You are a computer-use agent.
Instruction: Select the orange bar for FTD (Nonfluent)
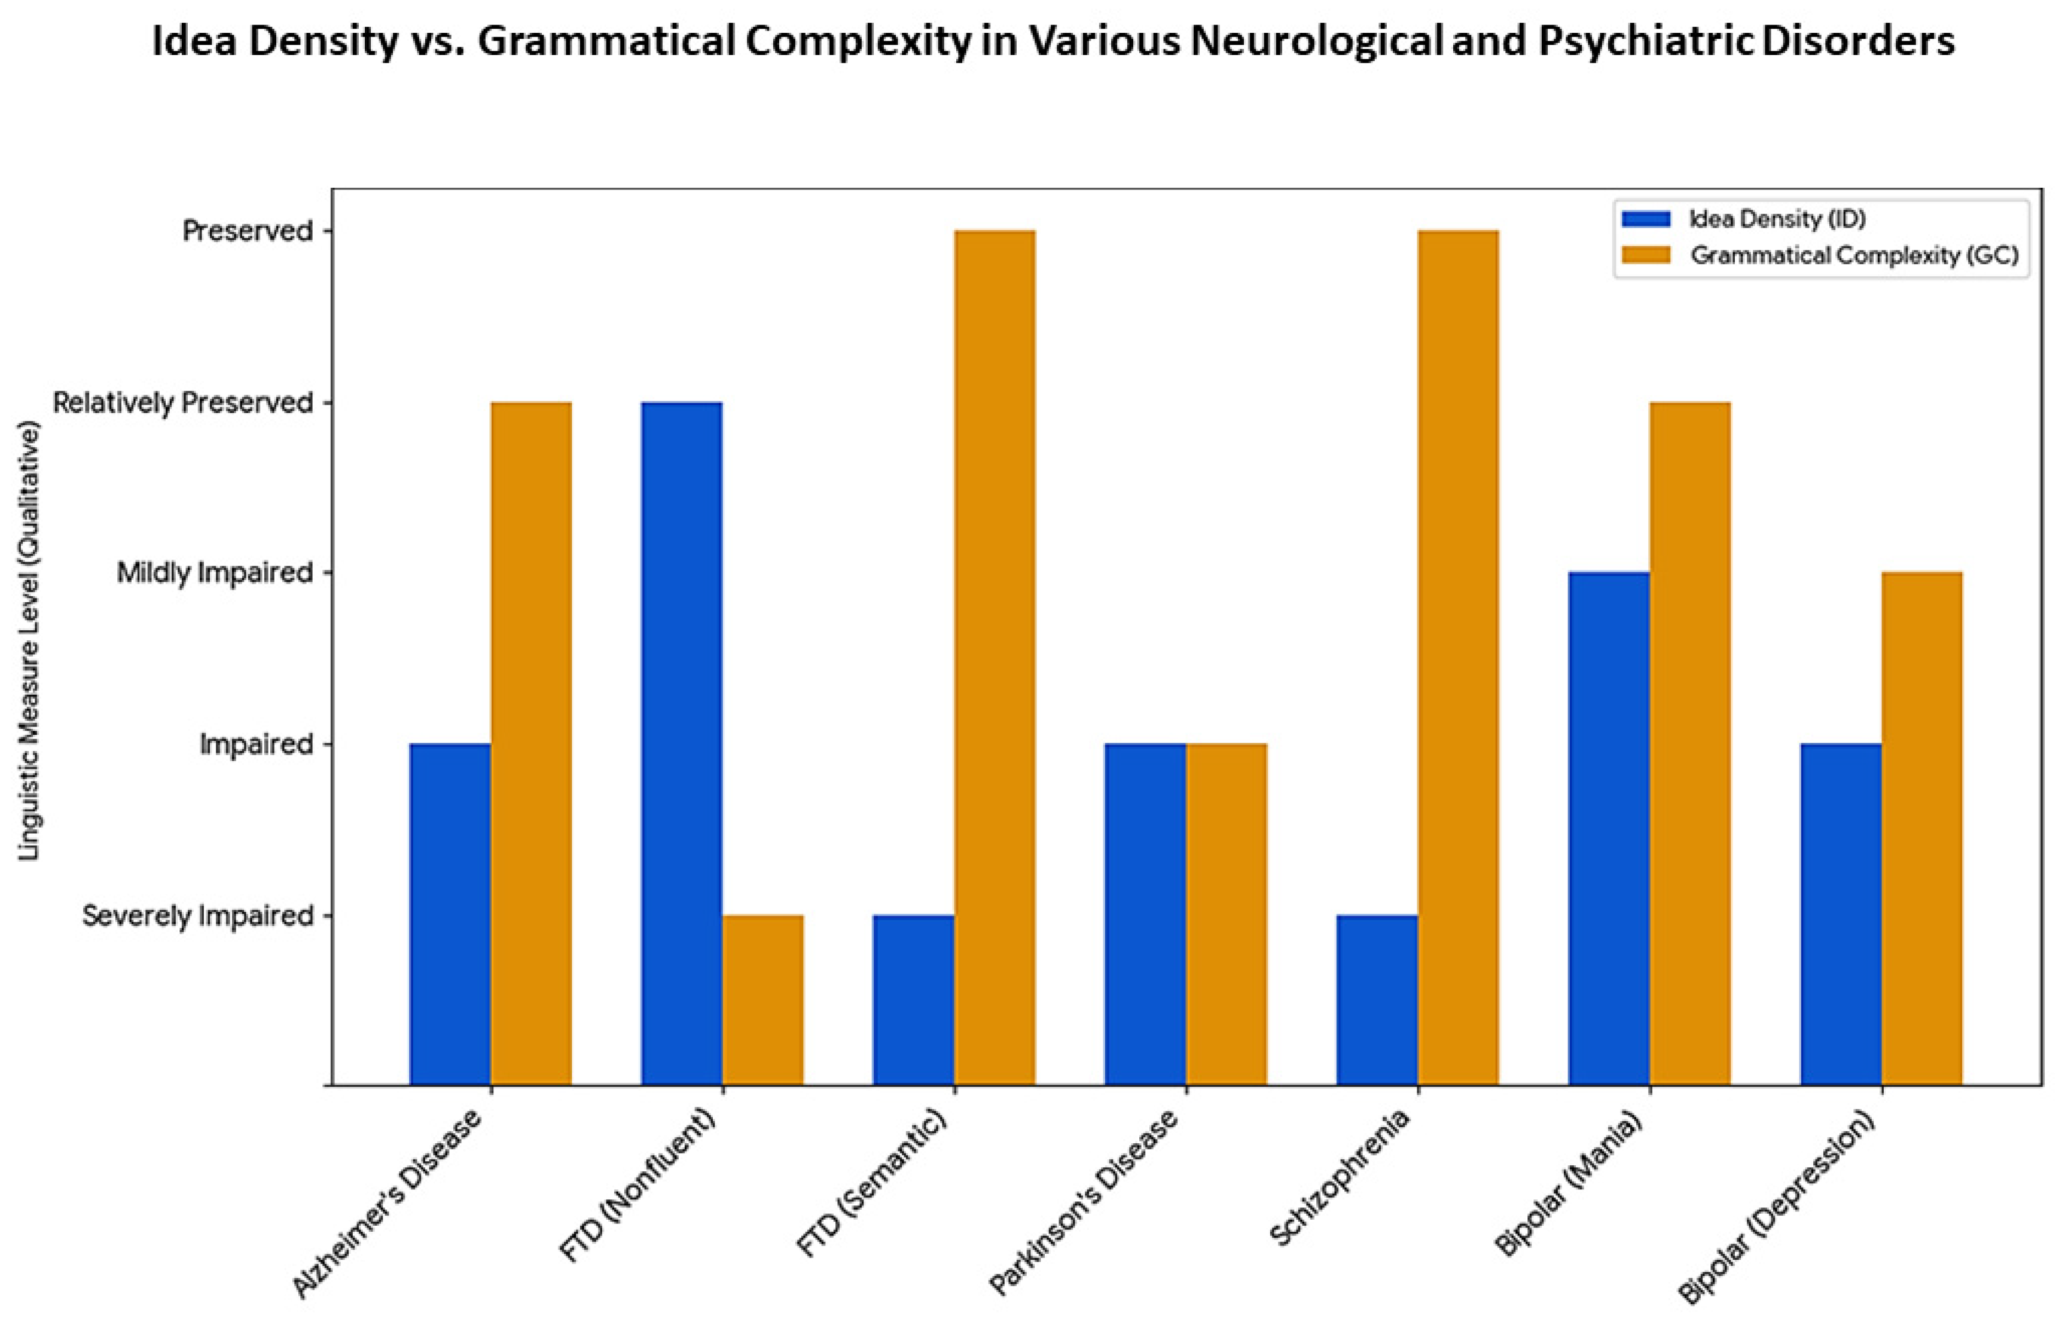tap(762, 1000)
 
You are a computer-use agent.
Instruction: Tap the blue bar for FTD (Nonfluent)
tap(681, 743)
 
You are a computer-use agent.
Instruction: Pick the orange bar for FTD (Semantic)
tap(995, 657)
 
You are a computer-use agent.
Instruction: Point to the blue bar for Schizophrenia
tap(1377, 1000)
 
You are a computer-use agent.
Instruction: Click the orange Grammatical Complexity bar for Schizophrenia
tap(1457, 657)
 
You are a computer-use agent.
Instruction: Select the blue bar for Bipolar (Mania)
tap(1609, 828)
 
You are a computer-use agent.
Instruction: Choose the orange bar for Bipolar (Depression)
tap(1921, 828)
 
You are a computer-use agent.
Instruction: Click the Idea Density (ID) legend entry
tap(1777, 219)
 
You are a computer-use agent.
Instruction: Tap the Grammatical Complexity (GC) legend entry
tap(1854, 256)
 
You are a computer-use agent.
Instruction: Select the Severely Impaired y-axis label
tap(197, 916)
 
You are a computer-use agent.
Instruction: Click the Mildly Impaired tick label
tap(214, 573)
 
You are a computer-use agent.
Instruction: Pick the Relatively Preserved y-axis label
tap(183, 403)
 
